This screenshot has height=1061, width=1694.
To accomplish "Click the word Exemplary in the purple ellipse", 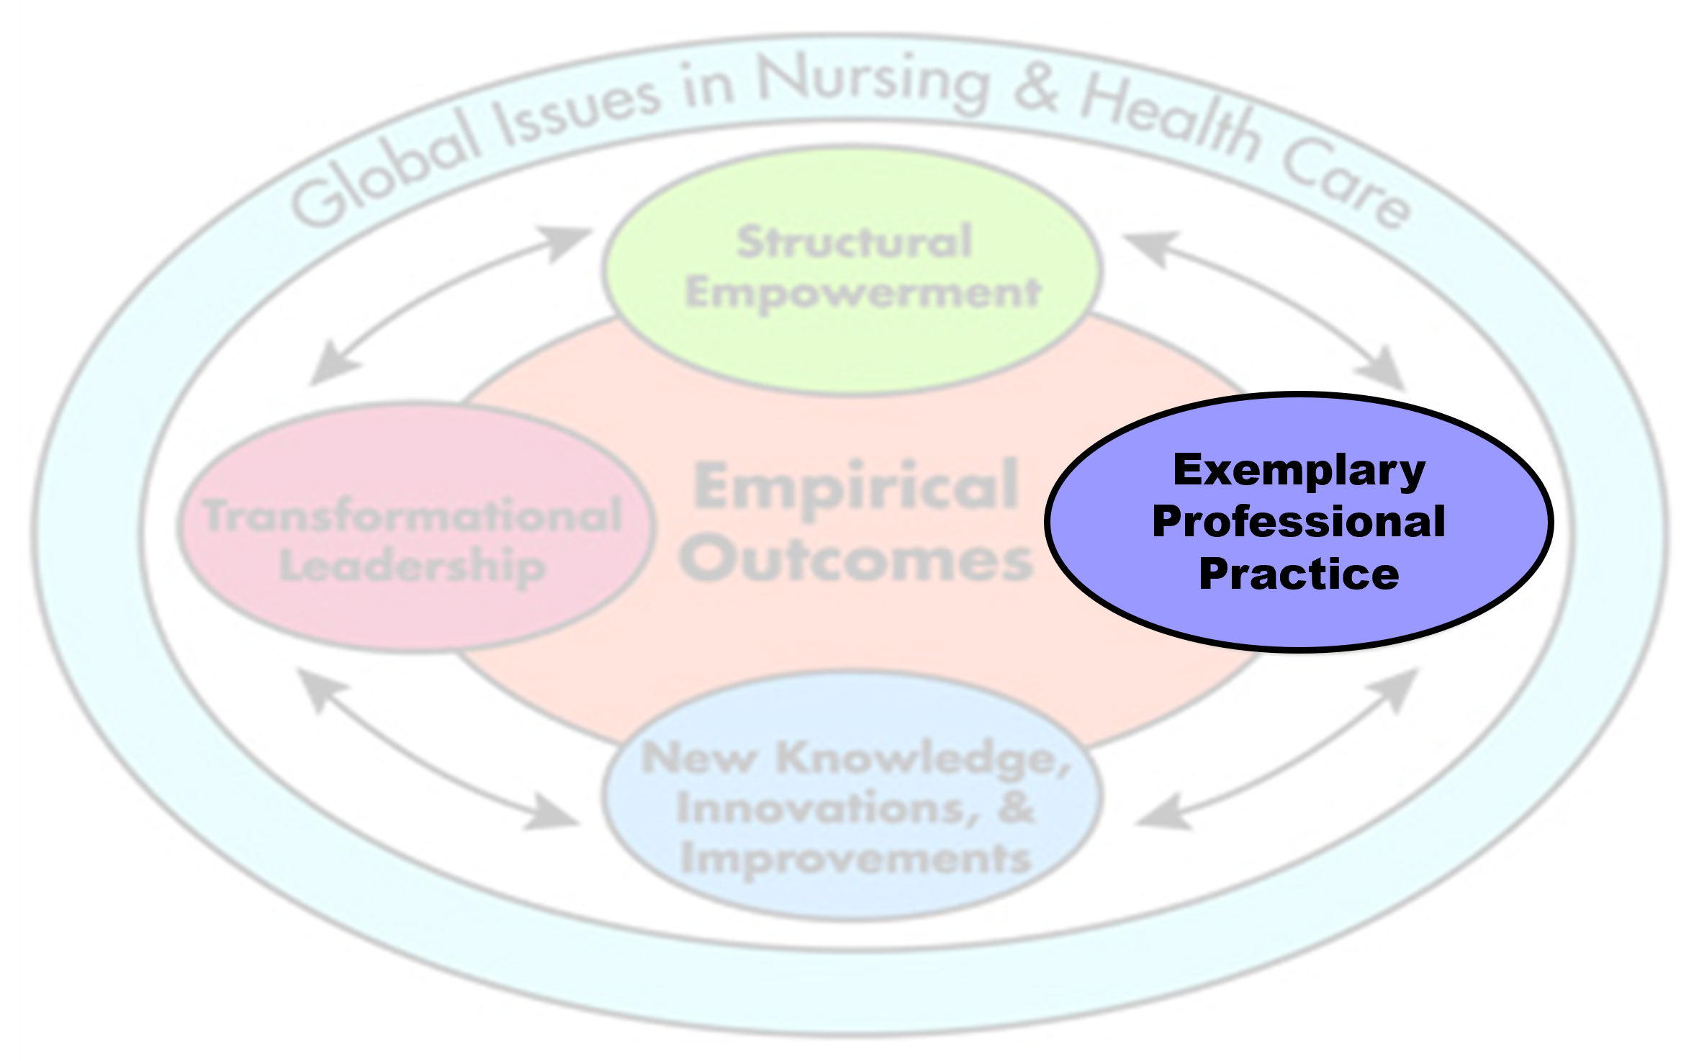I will coord(1299,471).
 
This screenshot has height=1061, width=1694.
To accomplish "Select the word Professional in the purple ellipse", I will coord(1299,522).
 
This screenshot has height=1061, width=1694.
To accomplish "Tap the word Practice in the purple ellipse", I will coord(1299,574).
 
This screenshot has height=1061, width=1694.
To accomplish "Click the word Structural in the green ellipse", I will coord(854,242).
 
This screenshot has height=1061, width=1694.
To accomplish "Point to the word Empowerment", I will coord(862,294).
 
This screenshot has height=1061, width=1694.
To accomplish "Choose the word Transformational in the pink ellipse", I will coord(413,515).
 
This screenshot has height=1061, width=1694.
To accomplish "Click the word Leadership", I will coord(412,566).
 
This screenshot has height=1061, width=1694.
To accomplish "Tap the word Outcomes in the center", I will coord(856,560).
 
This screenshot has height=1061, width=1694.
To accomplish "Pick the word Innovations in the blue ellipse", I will coord(828,808).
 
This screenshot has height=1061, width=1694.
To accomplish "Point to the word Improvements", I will coord(856,859).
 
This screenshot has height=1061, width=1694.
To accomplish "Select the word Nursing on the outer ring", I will coord(873,83).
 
